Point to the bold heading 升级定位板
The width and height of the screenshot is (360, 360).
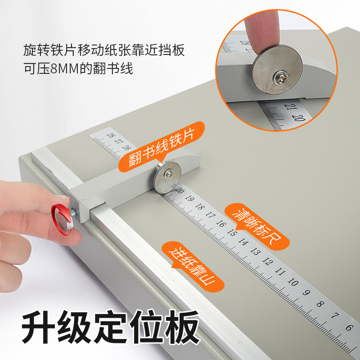pyautogui.click(x=111, y=327)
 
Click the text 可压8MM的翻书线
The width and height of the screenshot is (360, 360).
pyautogui.click(x=78, y=69)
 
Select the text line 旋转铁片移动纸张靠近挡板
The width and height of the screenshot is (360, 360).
pyautogui.click(x=104, y=50)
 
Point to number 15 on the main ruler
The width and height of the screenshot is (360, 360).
pyautogui.click(x=232, y=233)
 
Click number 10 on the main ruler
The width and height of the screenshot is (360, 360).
pyautogui.click(x=293, y=283)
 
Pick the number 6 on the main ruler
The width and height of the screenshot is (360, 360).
pyautogui.click(x=348, y=327)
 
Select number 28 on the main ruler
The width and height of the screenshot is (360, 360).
pyautogui.click(x=109, y=135)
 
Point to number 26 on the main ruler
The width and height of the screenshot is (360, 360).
pyautogui.click(x=126, y=148)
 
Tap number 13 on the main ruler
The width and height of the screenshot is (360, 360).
pyautogui.click(x=256, y=252)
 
